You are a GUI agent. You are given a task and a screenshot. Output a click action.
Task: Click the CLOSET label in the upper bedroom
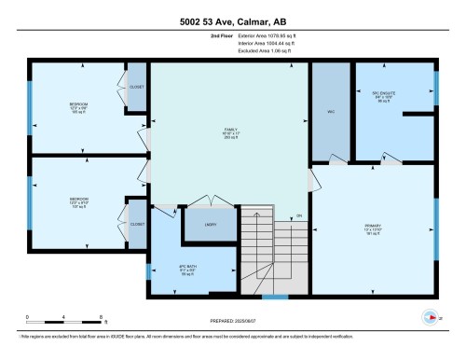point(136,86)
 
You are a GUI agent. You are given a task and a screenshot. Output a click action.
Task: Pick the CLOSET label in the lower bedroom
point(137,224)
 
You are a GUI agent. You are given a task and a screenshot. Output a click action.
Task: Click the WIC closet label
point(328,113)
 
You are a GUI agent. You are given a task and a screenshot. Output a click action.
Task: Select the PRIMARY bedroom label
point(374,227)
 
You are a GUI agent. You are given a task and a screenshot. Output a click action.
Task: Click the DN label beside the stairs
point(299,217)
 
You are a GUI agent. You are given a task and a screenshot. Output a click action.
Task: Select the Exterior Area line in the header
point(245,36)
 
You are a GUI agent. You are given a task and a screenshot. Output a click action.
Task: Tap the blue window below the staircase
point(274,298)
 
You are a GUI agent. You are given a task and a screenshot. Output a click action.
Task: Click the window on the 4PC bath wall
point(151,270)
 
